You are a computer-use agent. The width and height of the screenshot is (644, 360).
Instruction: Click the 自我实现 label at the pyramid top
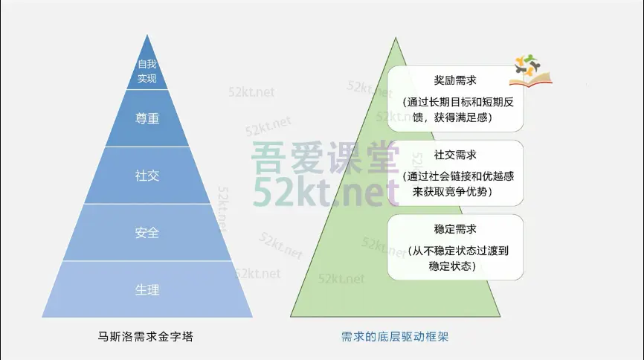coord(147,71)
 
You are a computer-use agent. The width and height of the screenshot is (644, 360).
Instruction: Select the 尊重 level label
coord(147,118)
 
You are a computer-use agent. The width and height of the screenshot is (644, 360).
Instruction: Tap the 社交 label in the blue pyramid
coord(147,176)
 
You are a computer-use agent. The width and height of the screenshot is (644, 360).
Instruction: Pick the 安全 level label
coord(147,233)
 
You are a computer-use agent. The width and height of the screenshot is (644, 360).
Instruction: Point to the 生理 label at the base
coord(147,290)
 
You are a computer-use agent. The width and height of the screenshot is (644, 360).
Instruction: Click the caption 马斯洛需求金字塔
coord(146,337)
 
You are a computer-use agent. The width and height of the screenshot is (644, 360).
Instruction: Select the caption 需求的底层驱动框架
coord(395,337)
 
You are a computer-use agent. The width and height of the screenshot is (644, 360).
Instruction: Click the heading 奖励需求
coord(455,80)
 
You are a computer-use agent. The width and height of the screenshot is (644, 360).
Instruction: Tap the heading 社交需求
coord(455,155)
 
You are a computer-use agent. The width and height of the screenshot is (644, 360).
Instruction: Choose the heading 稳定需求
coord(455,229)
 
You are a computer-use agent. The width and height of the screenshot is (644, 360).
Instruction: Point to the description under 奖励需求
coord(457,110)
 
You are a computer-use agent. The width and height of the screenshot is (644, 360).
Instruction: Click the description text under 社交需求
coord(457,184)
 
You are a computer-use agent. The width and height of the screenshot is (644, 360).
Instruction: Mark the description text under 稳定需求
coord(457,259)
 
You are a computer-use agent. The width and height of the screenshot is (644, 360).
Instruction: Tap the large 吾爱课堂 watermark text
coord(325,158)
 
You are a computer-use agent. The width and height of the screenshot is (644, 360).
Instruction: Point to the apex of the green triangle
coord(396,38)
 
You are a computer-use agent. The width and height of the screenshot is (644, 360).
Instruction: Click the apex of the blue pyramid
coord(147,35)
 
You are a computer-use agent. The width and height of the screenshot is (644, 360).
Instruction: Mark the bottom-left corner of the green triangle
coord(290,316)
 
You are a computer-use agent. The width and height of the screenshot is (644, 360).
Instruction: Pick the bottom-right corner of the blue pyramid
coord(253,317)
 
